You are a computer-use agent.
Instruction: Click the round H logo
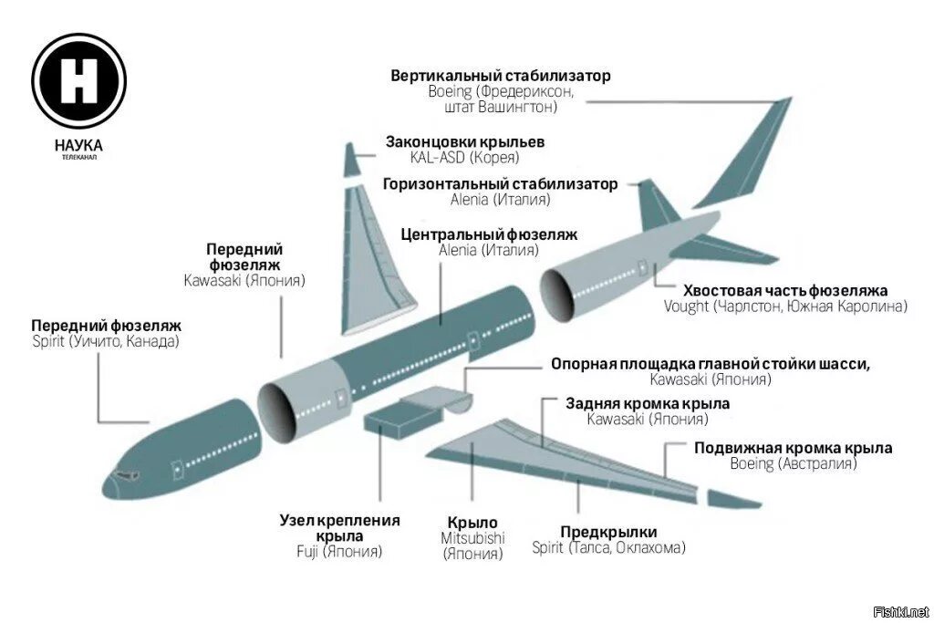tap(78, 80)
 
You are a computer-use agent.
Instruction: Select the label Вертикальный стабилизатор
tap(501, 76)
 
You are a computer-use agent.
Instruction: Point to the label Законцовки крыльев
tap(465, 142)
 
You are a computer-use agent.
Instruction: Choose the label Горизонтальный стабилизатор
tap(500, 184)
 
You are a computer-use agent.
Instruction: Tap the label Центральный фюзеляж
tap(489, 234)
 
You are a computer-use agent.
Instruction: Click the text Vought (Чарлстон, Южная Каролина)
tap(785, 306)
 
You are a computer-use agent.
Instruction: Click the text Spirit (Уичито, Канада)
tap(106, 341)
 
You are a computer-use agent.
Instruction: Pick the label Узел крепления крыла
tap(339, 528)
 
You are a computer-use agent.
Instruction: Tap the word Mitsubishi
tap(472, 538)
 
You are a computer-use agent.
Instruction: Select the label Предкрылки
tap(608, 532)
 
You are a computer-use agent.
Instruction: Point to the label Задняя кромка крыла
tap(648, 403)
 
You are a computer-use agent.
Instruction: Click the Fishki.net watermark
tap(900, 611)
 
